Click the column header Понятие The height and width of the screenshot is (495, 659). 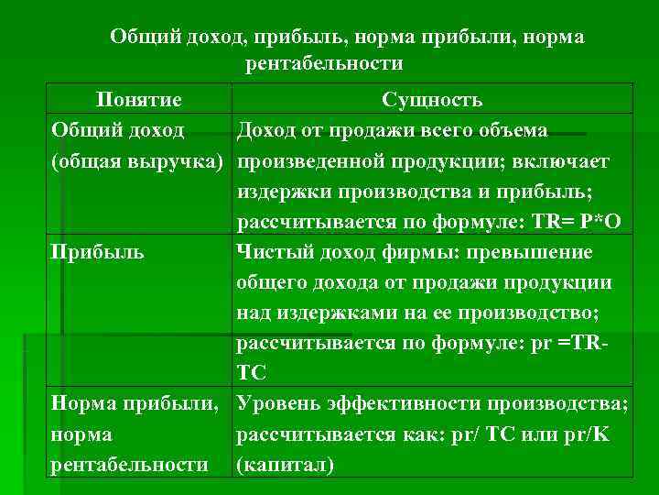pyautogui.click(x=139, y=100)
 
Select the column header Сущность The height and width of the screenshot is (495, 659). pyautogui.click(x=432, y=100)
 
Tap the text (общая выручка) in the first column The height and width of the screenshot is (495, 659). pyautogui.click(x=138, y=161)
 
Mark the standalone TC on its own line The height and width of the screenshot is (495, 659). pyautogui.click(x=251, y=372)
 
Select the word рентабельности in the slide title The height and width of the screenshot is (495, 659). pyautogui.click(x=323, y=63)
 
